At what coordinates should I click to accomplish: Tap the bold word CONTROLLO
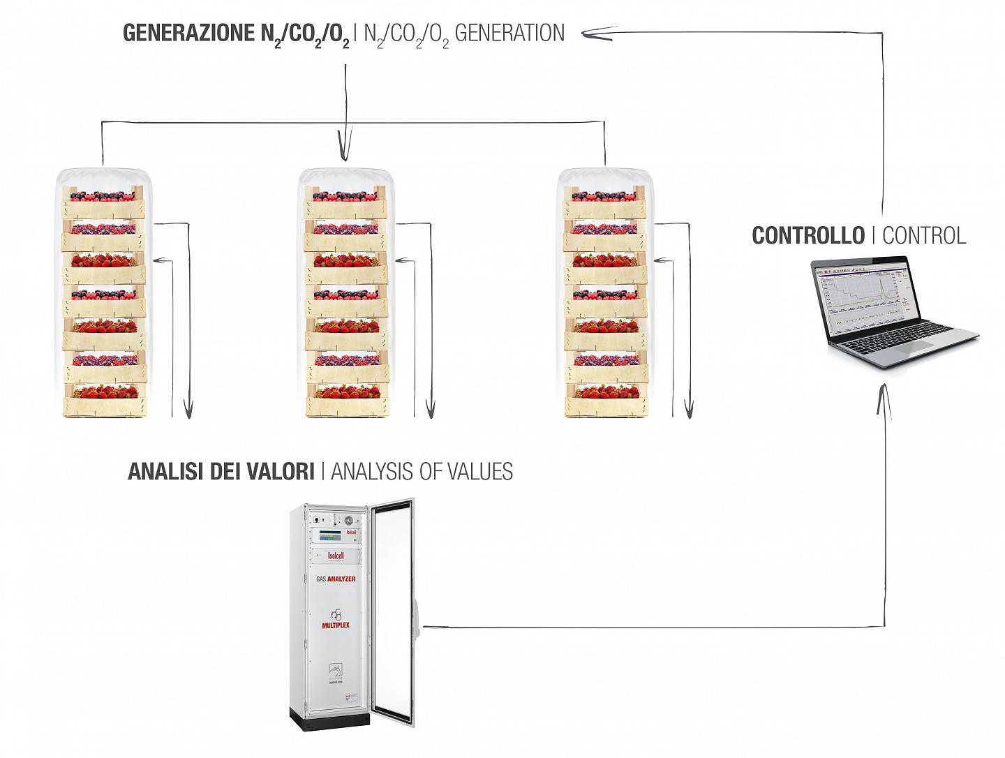807,235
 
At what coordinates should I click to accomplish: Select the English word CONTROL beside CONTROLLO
924,235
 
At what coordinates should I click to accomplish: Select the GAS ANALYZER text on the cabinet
336,579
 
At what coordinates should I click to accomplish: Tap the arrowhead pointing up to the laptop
884,394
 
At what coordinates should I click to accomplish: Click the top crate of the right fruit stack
604,202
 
